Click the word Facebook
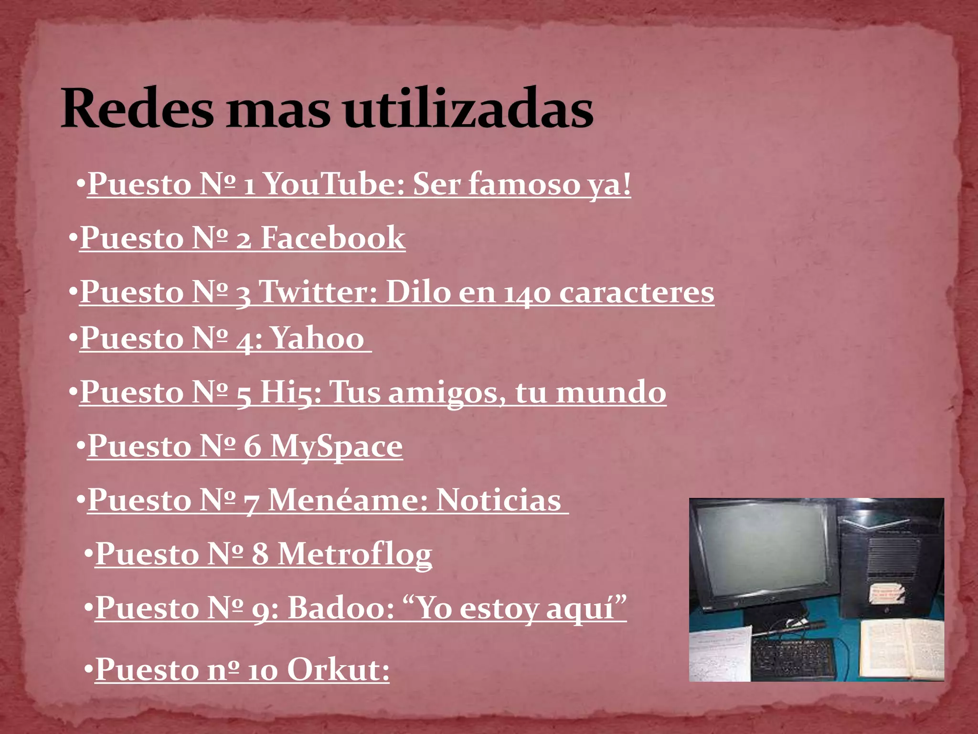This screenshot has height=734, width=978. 333,238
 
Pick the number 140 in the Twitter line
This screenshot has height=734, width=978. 527,293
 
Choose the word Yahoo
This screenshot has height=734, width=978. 318,339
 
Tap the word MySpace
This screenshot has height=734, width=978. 336,447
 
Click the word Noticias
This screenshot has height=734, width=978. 499,501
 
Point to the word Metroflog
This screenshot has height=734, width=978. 355,555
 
